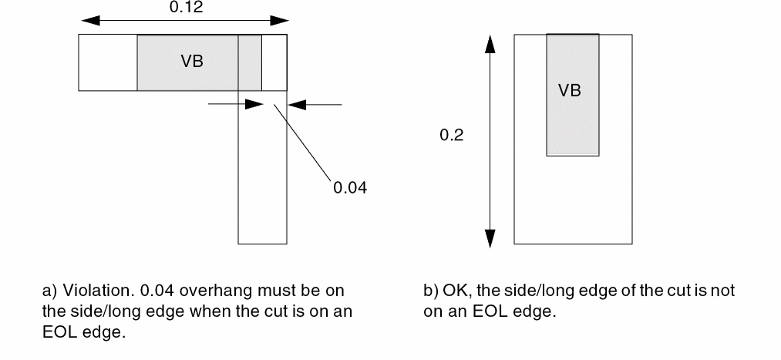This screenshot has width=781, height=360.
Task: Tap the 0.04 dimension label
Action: tap(349, 187)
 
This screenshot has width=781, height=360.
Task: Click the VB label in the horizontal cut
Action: tap(192, 62)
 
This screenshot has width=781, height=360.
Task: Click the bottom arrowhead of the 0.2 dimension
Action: tap(489, 239)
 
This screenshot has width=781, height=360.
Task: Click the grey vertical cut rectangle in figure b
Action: tap(571, 123)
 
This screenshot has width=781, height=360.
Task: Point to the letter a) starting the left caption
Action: tap(49, 291)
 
